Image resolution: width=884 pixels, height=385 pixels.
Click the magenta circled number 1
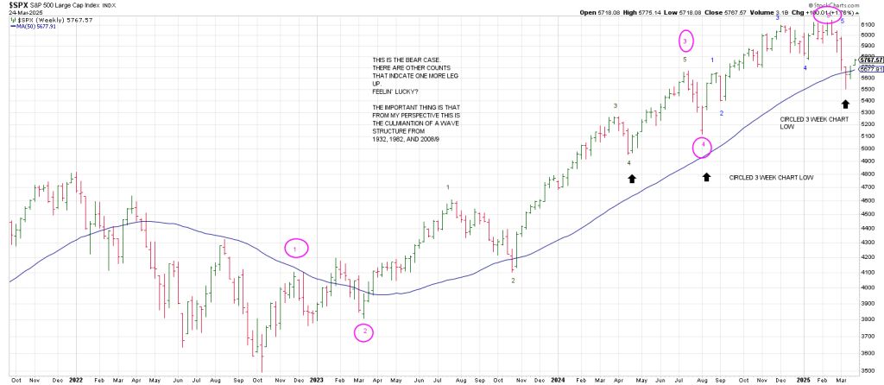pyautogui.click(x=295, y=249)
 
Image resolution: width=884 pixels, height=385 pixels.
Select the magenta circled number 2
pyautogui.click(x=364, y=331)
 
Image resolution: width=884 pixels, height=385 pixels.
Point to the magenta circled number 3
pyautogui.click(x=685, y=41)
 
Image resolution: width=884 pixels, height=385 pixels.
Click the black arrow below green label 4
pyautogui.click(x=631, y=178)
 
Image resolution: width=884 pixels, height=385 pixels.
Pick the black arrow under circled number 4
pyautogui.click(x=706, y=177)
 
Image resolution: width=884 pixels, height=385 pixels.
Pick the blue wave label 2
pyautogui.click(x=722, y=113)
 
